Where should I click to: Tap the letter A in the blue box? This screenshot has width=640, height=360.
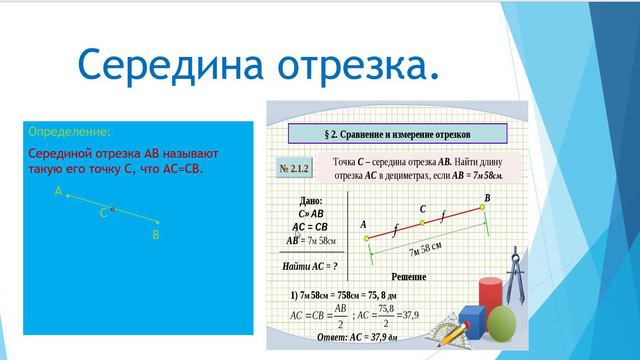[58, 190]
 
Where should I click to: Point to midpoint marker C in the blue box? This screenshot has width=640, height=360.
[112, 210]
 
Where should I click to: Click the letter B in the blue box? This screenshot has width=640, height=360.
[156, 235]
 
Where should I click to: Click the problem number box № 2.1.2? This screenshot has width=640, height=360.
[296, 171]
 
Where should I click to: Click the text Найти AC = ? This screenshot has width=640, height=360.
[311, 267]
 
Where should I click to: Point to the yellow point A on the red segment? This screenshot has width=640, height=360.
[367, 238]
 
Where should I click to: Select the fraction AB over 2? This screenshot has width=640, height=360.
[342, 316]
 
